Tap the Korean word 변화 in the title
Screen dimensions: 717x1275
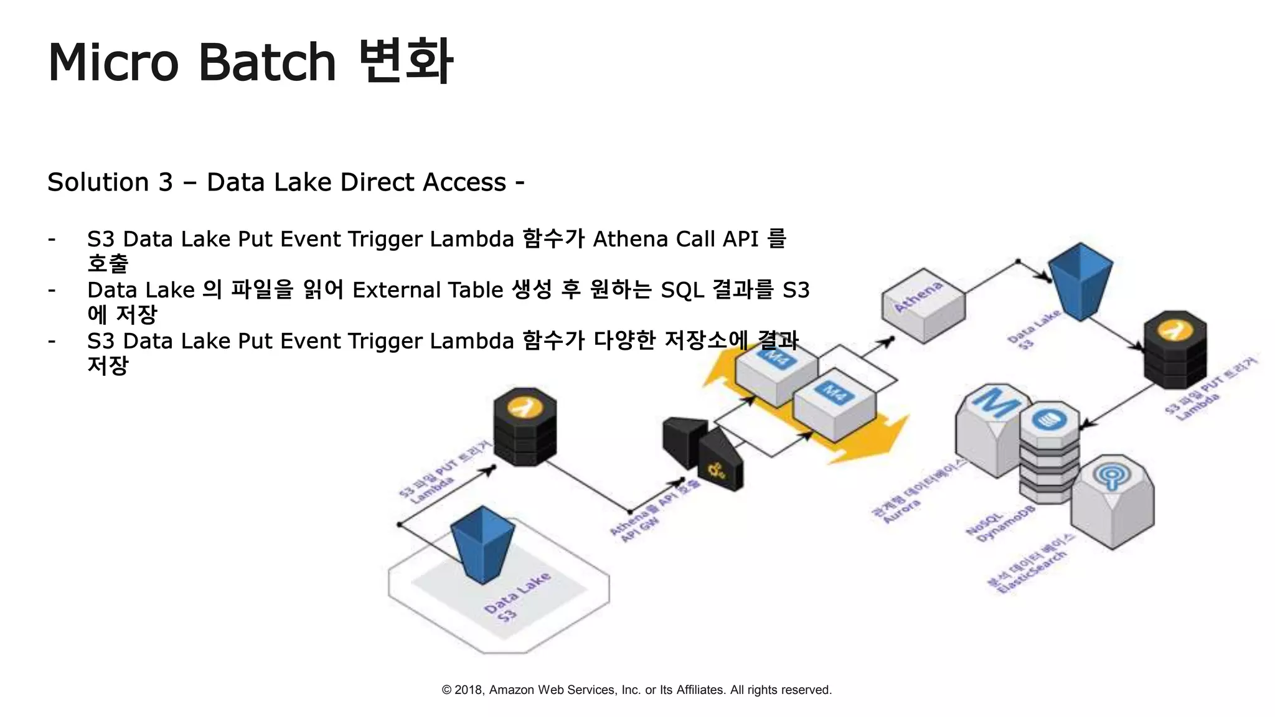tap(406, 61)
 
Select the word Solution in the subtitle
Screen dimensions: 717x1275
tap(97, 182)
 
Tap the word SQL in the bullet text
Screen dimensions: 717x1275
tap(682, 291)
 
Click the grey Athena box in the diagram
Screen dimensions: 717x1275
tap(923, 306)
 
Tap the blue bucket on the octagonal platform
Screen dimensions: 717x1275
tap(482, 543)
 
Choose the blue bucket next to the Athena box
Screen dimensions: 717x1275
tap(1081, 279)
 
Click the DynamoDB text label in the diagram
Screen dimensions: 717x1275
tap(1006, 527)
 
